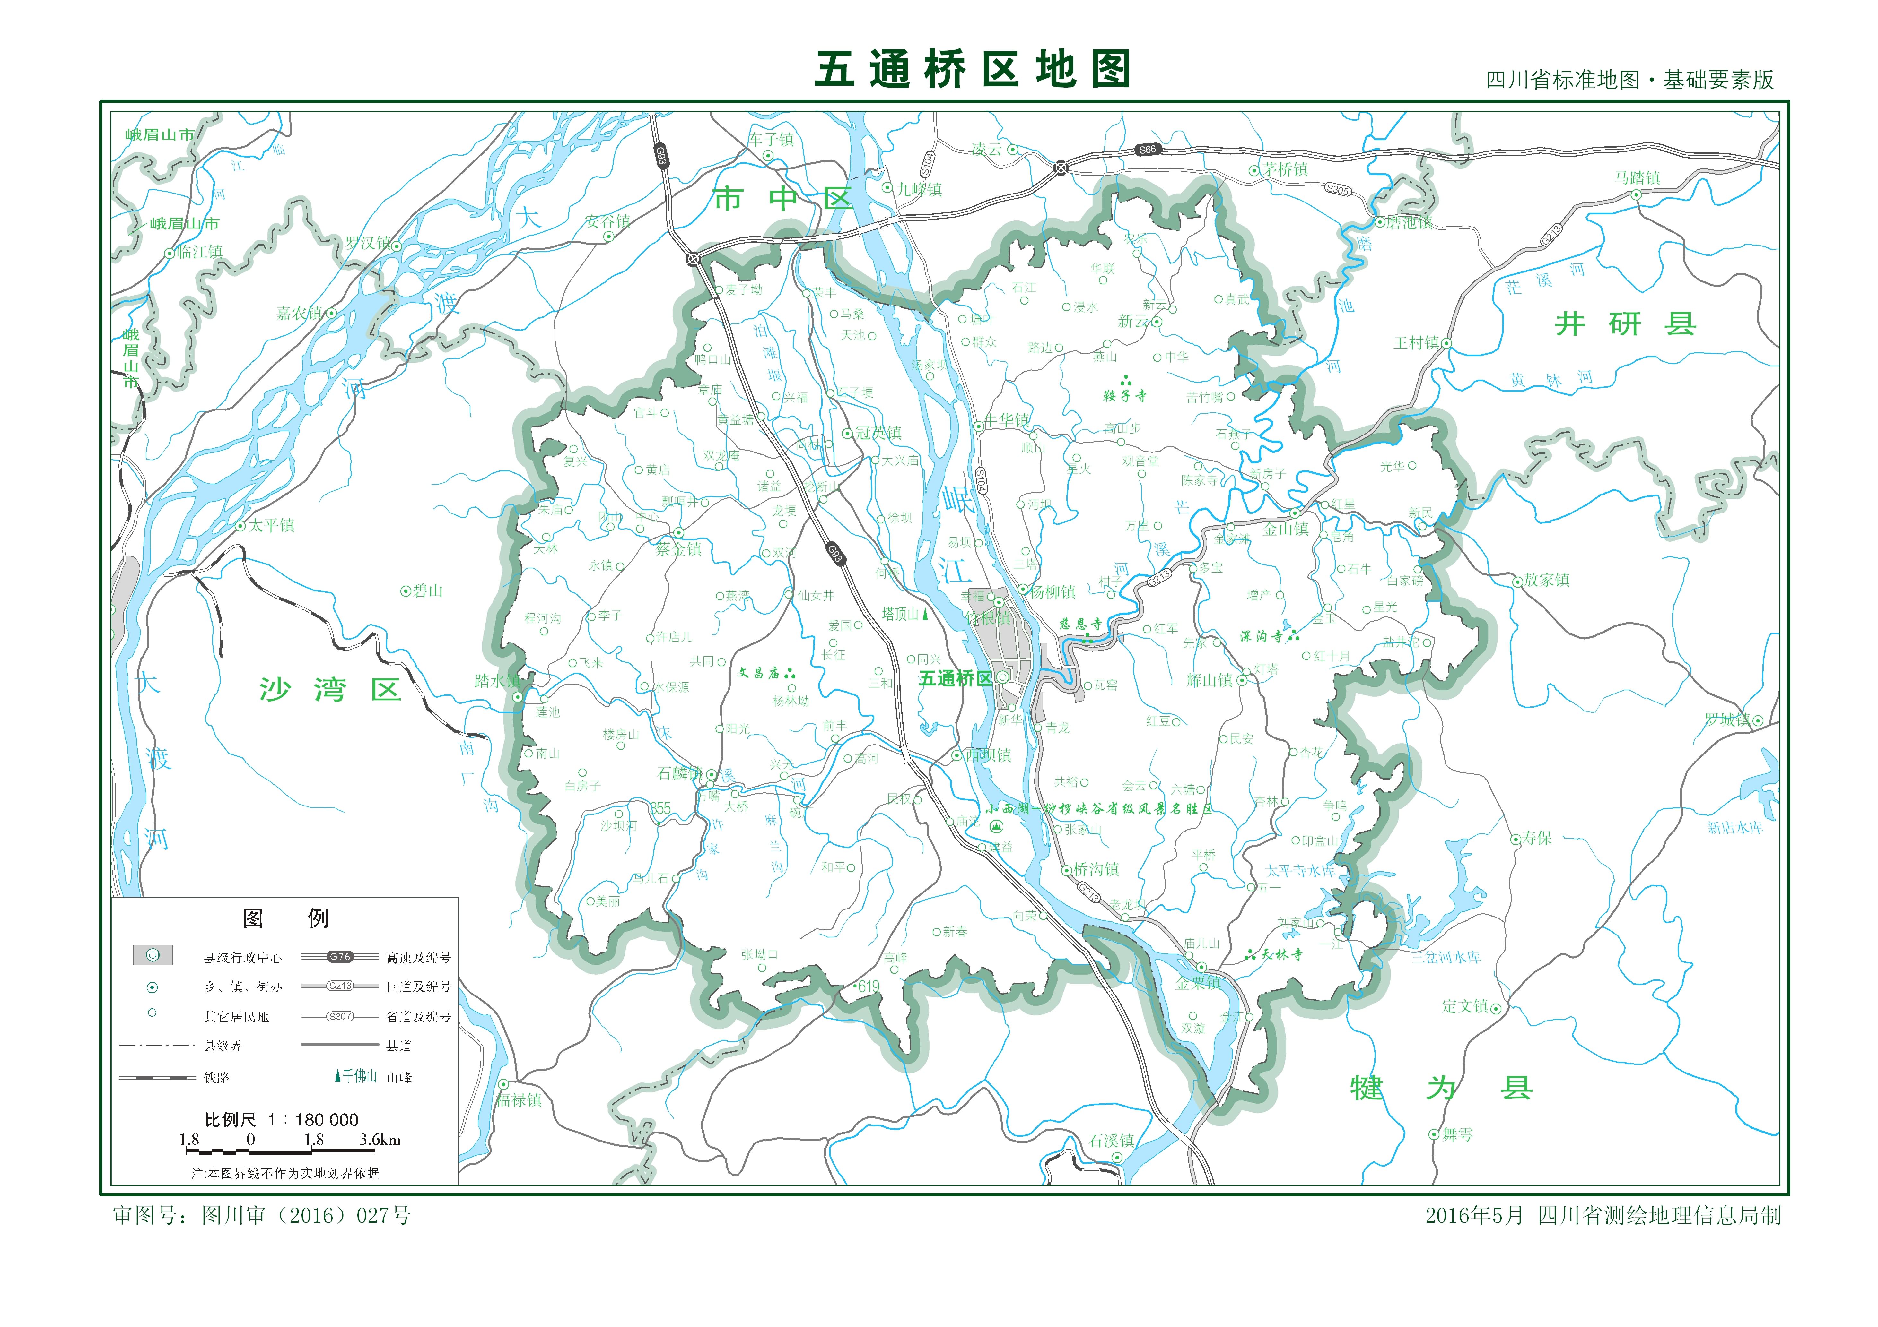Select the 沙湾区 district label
[330, 689]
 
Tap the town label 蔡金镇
[679, 549]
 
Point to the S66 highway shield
[1148, 150]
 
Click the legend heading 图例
[285, 918]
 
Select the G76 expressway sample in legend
[339, 957]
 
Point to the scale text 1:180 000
[281, 1119]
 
